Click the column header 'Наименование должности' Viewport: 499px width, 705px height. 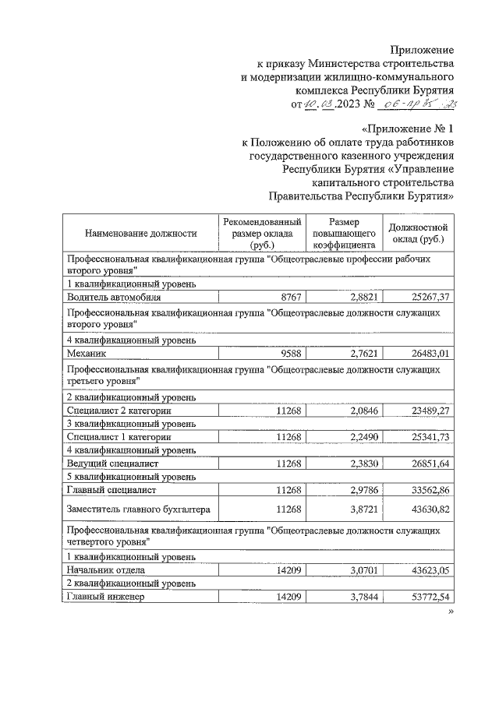[131, 232]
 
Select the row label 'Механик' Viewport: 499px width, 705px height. [87, 353]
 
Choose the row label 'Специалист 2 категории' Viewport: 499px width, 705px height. [119, 410]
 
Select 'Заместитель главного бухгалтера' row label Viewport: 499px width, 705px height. [138, 509]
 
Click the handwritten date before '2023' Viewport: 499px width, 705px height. [324, 104]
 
